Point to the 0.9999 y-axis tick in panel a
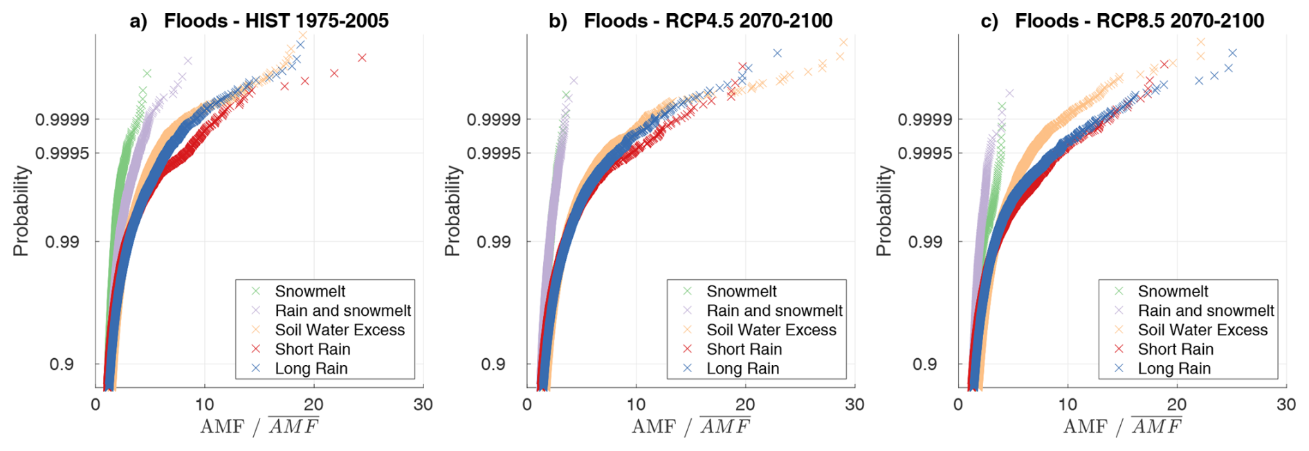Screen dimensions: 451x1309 pyautogui.click(x=62, y=120)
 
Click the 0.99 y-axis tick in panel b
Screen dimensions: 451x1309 pyautogui.click(x=493, y=242)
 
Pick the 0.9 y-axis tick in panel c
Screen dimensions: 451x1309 pyautogui.click(x=924, y=364)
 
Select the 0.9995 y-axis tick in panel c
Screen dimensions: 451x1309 pyautogui.click(x=925, y=153)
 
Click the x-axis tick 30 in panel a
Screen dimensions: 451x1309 pyautogui.click(x=423, y=405)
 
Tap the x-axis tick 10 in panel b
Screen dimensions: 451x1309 pyautogui.click(x=636, y=405)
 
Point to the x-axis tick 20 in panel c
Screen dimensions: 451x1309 pyautogui.click(x=1176, y=405)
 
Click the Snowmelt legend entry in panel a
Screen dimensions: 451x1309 pyautogui.click(x=310, y=292)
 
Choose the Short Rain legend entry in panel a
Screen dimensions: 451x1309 pyautogui.click(x=313, y=349)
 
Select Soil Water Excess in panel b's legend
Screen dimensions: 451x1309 pyautogui.click(x=771, y=330)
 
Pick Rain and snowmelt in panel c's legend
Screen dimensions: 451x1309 pyautogui.click(x=1205, y=311)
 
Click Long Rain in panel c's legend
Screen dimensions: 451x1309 pyautogui.click(x=1174, y=369)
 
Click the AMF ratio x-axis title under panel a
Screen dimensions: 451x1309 pyautogui.click(x=259, y=426)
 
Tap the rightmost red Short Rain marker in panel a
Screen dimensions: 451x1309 pyautogui.click(x=362, y=58)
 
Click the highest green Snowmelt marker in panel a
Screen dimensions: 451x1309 pyautogui.click(x=147, y=73)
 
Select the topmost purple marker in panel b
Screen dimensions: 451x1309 pyautogui.click(x=574, y=80)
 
